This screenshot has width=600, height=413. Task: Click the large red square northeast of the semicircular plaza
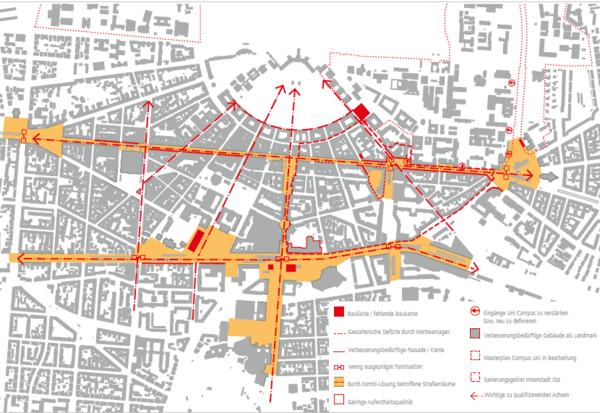click(x=361, y=112)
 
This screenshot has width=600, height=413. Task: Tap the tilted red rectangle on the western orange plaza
click(x=197, y=240)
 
